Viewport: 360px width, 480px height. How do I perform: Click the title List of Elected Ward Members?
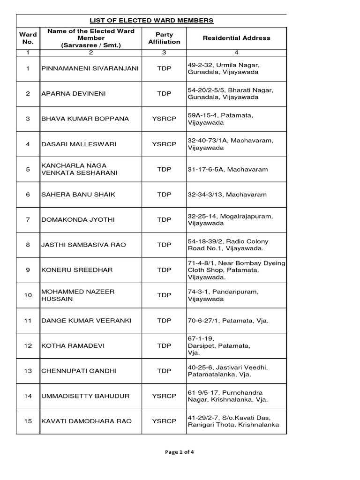[x=152, y=21]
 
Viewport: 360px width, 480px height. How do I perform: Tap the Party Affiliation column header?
[x=164, y=38]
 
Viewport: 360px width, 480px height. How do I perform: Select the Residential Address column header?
[x=236, y=38]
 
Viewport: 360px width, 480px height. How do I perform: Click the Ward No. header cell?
[x=28, y=38]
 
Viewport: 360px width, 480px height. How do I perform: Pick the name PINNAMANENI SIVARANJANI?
[x=90, y=68]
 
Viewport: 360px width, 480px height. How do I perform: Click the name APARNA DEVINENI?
[x=74, y=94]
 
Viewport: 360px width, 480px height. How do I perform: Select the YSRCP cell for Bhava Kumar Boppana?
[x=164, y=119]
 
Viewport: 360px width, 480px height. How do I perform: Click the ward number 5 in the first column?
[x=28, y=169]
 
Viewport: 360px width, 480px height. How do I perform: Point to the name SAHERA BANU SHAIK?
[x=78, y=195]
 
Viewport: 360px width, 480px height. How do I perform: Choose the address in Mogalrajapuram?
[x=229, y=220]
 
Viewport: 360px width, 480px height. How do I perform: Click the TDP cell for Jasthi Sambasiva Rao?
[x=164, y=245]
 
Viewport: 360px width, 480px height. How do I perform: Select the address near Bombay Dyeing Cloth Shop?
[x=236, y=270]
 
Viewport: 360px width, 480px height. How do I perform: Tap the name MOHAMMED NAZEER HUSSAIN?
[x=78, y=295]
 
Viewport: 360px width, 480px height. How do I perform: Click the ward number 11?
[x=28, y=321]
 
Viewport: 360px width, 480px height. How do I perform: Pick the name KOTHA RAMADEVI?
[x=73, y=346]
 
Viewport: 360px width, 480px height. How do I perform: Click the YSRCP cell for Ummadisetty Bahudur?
[x=164, y=396]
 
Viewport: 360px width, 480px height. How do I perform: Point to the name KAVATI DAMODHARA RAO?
[x=86, y=421]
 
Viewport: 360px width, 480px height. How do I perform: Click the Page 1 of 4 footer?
[x=180, y=452]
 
